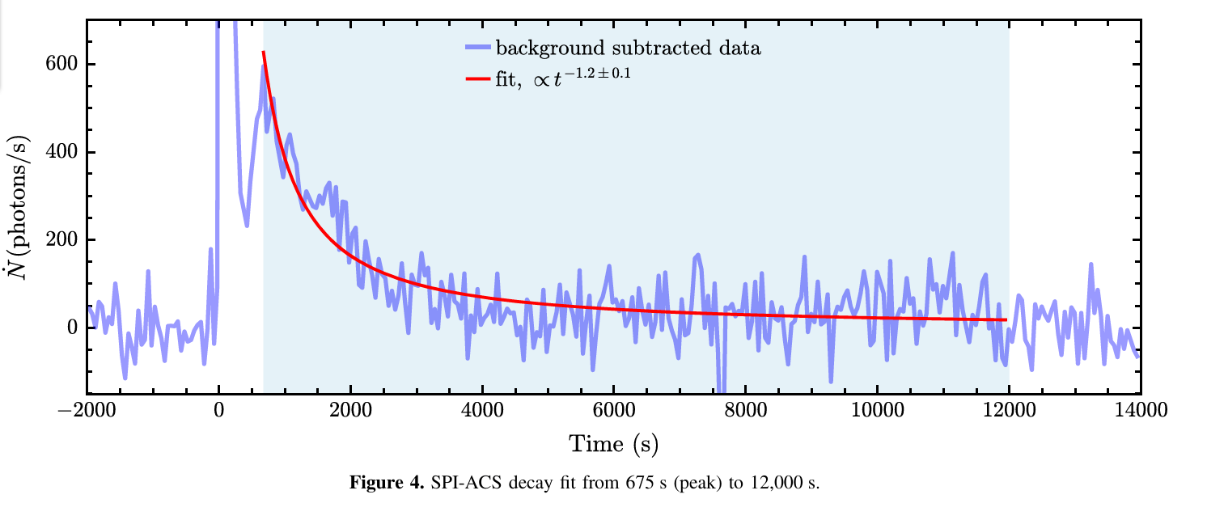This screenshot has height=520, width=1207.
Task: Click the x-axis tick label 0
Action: tap(218, 409)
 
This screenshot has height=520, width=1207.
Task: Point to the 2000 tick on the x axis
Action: tap(350, 409)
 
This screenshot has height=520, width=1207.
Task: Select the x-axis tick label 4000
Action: tap(482, 409)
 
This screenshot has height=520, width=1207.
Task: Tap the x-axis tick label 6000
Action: tap(614, 409)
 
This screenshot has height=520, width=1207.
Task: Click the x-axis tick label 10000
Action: tap(878, 409)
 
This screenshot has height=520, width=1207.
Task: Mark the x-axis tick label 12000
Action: tap(1009, 409)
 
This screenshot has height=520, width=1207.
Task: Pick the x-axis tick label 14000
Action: tap(1141, 409)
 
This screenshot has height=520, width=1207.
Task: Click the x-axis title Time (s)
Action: tap(612, 443)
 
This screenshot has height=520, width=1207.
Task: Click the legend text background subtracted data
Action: tap(628, 48)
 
